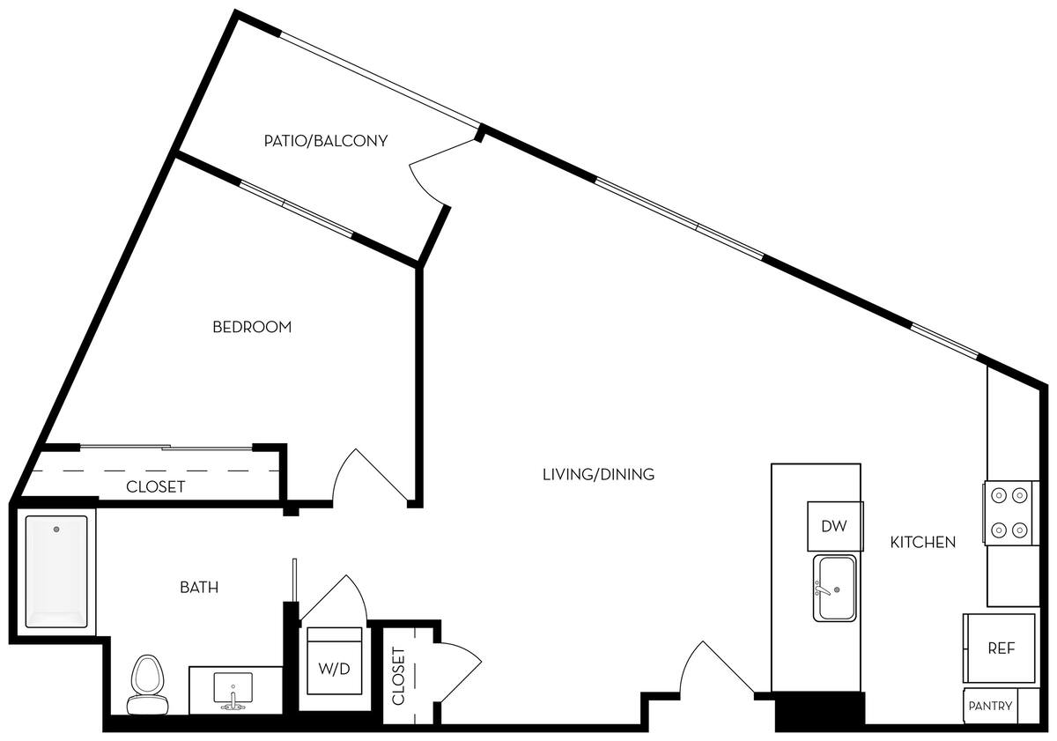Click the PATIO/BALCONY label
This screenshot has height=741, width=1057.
pos(326,140)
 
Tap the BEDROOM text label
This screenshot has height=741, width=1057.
pos(252,327)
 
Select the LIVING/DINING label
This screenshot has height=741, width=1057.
pos(598,474)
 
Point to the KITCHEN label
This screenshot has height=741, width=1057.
pos(922,542)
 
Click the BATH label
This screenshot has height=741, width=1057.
pos(199,587)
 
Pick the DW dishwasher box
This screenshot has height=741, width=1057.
pos(834,526)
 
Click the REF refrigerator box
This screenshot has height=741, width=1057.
pos(1001,648)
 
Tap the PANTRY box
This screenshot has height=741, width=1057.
pos(990,706)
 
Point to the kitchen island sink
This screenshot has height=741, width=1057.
pos(834,588)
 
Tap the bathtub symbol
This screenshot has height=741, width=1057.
pos(57,572)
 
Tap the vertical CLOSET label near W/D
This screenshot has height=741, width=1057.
pos(397,677)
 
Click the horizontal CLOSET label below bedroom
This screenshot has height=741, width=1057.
pos(156,486)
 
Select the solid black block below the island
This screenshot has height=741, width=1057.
pos(819,710)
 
